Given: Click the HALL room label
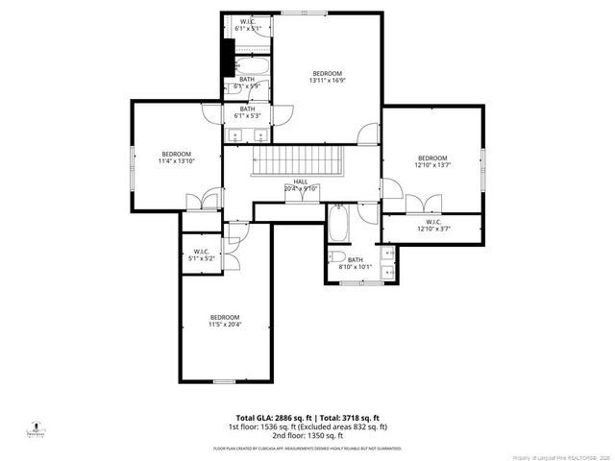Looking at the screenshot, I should (301, 185).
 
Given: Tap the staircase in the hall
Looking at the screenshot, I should (297, 160).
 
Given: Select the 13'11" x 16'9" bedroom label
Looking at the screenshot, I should (327, 77).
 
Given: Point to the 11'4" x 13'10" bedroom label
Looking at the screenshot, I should (176, 158).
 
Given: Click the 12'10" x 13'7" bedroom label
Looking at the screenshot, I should (431, 162).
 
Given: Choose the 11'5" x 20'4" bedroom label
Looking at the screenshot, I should (225, 321).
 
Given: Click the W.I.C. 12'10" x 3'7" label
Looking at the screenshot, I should (431, 226).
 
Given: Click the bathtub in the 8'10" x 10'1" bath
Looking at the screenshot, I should (338, 225).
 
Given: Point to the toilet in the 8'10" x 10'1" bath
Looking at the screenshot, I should (335, 256).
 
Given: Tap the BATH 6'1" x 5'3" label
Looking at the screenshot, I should (247, 112).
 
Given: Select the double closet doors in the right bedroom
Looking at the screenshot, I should (416, 203).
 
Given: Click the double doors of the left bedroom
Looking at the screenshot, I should (199, 201).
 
